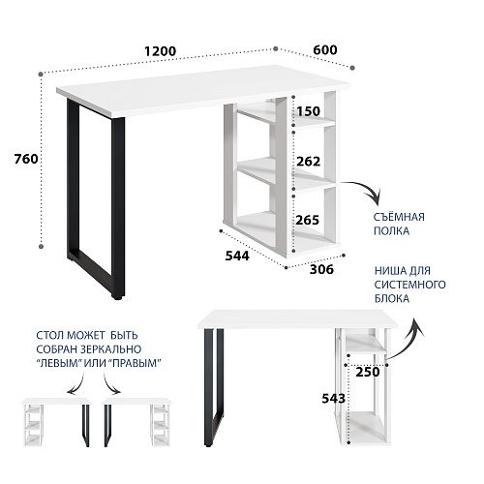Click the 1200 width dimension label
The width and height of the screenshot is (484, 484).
click(x=160, y=51)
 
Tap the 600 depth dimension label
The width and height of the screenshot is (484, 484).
click(x=325, y=49)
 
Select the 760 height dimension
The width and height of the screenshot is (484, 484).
click(x=26, y=159)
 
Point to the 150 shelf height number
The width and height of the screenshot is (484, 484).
click(x=308, y=111)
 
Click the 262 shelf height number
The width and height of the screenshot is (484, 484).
click(x=308, y=162)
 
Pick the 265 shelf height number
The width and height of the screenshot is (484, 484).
click(x=307, y=220)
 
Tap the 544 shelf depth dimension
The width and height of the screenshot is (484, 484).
click(x=237, y=256)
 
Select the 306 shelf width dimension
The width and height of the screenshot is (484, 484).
click(x=321, y=269)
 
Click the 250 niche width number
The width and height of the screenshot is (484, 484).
click(x=368, y=372)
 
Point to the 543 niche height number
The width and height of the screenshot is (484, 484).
click(x=334, y=399)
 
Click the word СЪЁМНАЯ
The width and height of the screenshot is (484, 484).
click(x=399, y=217)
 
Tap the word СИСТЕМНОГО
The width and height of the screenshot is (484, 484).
click(x=410, y=285)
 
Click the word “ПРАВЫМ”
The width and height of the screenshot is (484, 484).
click(x=135, y=363)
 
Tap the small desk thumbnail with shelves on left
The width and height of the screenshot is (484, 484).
click(x=56, y=422)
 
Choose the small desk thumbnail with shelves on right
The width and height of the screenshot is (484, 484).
click(x=137, y=422)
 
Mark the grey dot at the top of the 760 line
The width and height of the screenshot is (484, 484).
click(x=41, y=75)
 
